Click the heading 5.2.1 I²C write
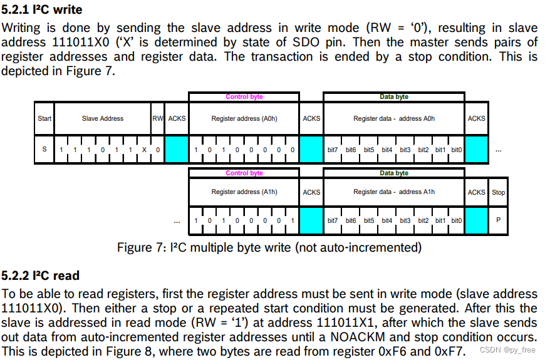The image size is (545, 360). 42,10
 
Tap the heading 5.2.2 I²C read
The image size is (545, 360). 41,275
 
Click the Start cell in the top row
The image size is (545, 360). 44,118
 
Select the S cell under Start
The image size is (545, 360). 44,150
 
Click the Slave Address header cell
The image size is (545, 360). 103,118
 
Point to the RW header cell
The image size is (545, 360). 158,118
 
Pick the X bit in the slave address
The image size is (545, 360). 144,150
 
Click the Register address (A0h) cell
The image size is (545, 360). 244,118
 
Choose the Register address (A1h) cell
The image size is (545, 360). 244,192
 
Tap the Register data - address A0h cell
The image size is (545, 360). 394,118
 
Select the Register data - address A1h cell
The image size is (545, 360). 394,192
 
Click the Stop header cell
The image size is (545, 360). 499,192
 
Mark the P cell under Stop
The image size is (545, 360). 499,220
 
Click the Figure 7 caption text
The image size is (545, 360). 269,247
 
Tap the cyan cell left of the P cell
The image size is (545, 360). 476,220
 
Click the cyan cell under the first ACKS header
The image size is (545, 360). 177,150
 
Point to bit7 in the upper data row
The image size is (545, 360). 333,150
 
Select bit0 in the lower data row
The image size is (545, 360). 457,220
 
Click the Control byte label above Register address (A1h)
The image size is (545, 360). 244,173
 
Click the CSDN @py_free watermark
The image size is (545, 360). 507,351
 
